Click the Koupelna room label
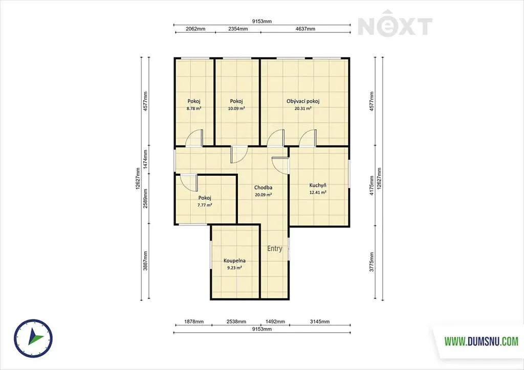[234, 261]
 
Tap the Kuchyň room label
[318, 186]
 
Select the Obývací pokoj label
[303, 101]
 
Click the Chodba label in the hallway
[263, 188]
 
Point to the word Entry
[275, 248]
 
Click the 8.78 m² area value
[194, 108]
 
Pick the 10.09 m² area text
[236, 108]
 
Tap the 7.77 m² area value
[205, 205]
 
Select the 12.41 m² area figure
[318, 192]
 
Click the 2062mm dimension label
[195, 29]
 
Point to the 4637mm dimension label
[305, 29]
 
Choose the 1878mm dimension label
[194, 321]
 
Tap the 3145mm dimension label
[320, 321]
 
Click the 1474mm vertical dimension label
[145, 159]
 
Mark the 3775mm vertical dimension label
[372, 262]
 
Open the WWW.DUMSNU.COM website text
[481, 341]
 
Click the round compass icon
[33, 337]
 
